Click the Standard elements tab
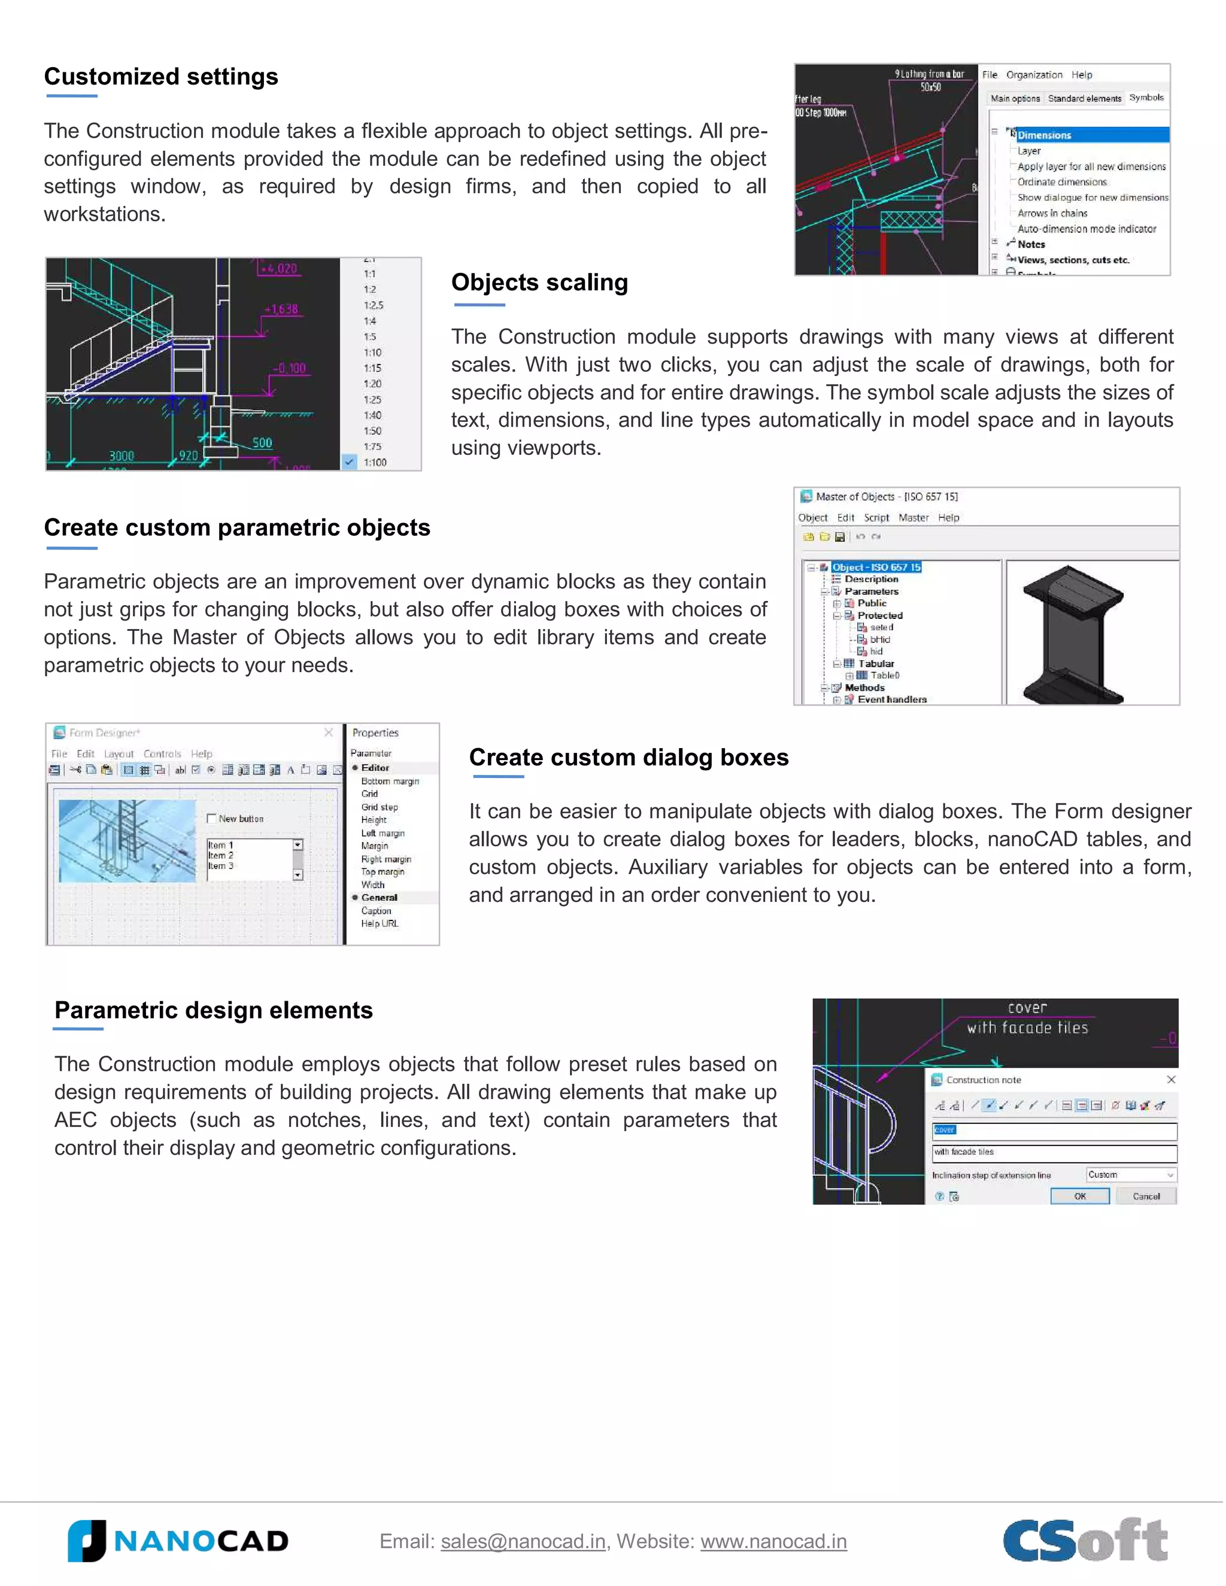point(1084,98)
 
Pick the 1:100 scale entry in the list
point(375,462)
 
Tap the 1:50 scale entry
point(372,431)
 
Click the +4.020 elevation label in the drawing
point(279,269)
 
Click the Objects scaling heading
point(539,282)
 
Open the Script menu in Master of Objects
point(876,518)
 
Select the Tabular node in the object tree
point(875,663)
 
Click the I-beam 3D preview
point(1073,633)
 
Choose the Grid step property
point(379,807)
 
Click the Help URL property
point(379,923)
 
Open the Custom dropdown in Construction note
point(1131,1174)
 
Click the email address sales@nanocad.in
point(523,1541)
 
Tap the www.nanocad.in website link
point(773,1541)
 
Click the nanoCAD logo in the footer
point(178,1541)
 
